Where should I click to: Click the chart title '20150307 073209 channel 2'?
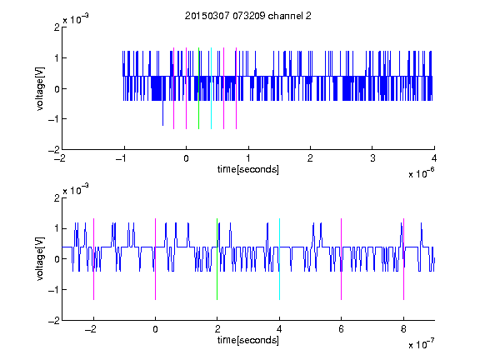point(248,16)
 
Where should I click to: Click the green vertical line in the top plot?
point(198,88)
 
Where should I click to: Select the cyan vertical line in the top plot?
point(211,88)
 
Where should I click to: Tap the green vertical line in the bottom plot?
point(217,259)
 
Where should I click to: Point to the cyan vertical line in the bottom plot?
point(279,259)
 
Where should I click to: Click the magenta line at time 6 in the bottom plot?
point(342,259)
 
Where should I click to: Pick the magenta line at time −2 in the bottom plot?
point(93,259)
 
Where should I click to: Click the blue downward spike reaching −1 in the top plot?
point(162,112)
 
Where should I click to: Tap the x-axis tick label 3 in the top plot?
point(372,158)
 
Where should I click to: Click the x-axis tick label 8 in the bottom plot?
point(403,329)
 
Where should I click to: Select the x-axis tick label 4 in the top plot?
point(434,158)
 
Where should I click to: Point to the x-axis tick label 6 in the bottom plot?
point(342,329)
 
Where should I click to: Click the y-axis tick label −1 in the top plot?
point(54,119)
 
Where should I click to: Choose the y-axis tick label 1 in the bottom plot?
point(57,228)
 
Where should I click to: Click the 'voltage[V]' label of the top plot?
point(40,88)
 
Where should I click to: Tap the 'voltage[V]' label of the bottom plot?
point(40,259)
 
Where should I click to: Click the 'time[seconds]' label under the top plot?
point(248,169)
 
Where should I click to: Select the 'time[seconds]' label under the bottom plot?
point(248,340)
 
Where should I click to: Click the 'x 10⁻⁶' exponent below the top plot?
point(421,173)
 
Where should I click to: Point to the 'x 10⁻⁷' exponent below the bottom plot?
point(421,344)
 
